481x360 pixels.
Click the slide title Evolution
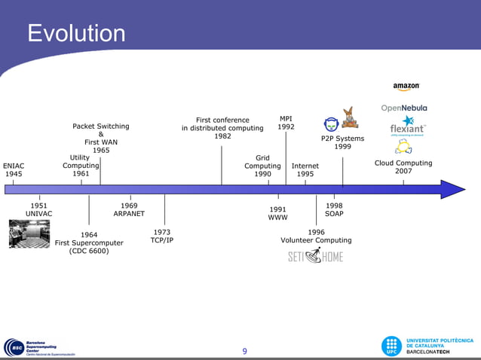(76, 34)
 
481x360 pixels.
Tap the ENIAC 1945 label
(14, 169)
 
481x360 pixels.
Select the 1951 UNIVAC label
(39, 209)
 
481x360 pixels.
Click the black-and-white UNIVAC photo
(29, 233)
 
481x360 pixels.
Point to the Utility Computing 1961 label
(81, 166)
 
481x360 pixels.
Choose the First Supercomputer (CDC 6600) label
(89, 243)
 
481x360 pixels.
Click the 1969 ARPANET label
(129, 209)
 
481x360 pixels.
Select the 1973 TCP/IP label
(161, 236)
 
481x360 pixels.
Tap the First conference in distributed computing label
(222, 128)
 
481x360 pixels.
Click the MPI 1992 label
(286, 123)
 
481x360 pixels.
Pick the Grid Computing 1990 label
(262, 166)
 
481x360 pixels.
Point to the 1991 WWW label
(277, 213)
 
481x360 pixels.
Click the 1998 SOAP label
(334, 209)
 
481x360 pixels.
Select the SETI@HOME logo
(315, 257)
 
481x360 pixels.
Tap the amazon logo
(406, 87)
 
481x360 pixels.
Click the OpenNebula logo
(404, 108)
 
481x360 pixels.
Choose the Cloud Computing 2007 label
(403, 166)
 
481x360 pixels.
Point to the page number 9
(244, 351)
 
